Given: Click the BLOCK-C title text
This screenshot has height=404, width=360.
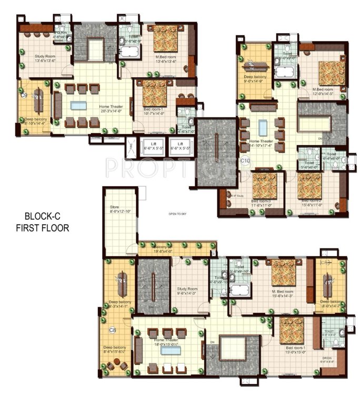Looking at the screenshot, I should [x=46, y=216].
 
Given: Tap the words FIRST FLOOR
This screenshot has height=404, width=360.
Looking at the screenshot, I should [x=46, y=228].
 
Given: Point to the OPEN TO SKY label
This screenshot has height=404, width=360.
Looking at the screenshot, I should [x=178, y=214].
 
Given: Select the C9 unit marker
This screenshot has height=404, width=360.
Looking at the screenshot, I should [x=24, y=95].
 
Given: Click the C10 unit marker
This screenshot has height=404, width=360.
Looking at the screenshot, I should [x=245, y=160].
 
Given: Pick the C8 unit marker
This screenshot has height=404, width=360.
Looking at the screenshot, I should [x=112, y=330].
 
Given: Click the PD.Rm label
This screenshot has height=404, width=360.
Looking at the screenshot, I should [x=60, y=33].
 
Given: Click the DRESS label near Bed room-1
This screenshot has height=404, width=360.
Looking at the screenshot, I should [x=328, y=360].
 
